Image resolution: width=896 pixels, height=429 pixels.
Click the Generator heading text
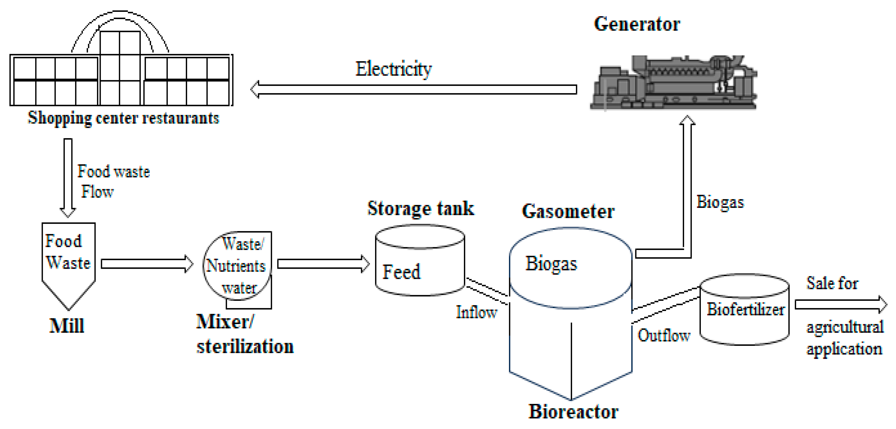pos(636,24)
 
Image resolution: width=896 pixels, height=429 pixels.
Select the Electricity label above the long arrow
pos(393,69)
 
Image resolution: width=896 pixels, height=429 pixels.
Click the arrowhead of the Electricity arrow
pos(256,89)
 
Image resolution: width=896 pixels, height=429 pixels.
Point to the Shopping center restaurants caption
pos(124,118)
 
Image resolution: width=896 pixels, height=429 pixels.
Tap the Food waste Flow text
pos(113,181)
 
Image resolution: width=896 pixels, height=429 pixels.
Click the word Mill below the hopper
pos(67,326)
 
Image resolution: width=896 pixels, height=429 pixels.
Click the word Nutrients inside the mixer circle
pos(236,266)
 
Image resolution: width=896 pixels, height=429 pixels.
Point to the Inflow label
pos(477,312)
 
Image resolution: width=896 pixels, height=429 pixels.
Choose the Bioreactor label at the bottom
pos(573,411)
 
